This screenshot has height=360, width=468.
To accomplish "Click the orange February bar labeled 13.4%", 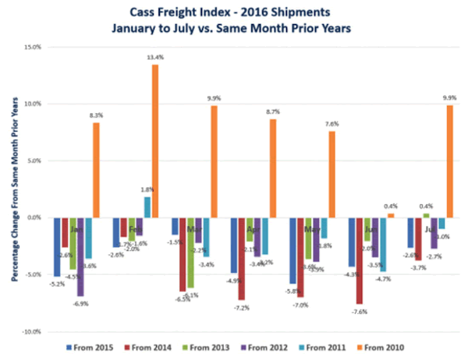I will click(154, 141).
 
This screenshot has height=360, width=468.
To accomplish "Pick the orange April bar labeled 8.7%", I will click(272, 168).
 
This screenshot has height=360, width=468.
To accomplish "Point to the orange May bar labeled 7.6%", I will click(331, 175).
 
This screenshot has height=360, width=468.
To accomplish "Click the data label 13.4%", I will click(154, 57).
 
